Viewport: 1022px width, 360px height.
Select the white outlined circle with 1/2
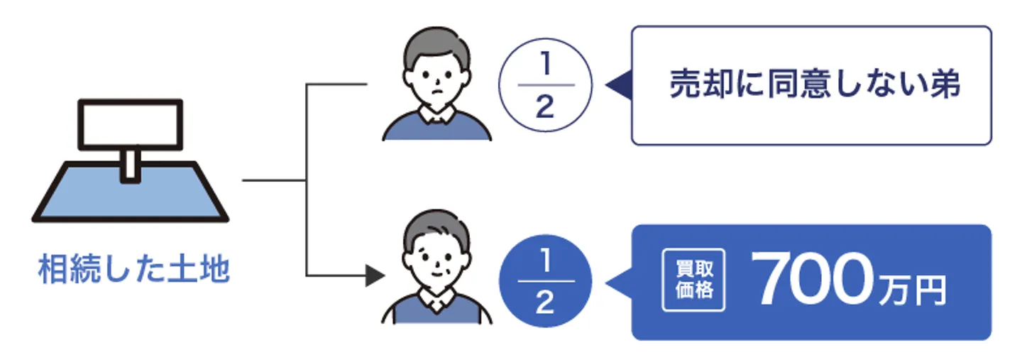pyautogui.click(x=544, y=87)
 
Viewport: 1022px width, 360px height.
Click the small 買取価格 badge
pyautogui.click(x=693, y=282)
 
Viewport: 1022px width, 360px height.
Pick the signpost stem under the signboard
pyautogui.click(x=130, y=165)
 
